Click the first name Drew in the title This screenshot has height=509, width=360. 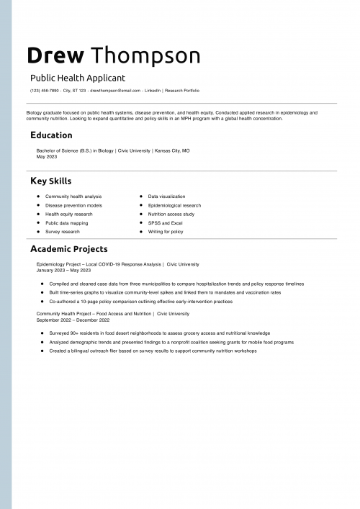[55, 55]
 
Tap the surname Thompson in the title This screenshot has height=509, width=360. [146, 55]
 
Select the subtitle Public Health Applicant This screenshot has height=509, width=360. [78, 78]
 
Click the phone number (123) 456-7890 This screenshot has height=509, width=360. [45, 91]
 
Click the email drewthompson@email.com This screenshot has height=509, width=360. [115, 91]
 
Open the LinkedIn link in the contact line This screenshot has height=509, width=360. [153, 91]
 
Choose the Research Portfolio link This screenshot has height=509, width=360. [182, 91]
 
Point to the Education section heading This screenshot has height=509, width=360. [51, 135]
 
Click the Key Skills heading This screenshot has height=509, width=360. [50, 181]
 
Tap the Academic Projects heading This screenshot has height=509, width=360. [68, 249]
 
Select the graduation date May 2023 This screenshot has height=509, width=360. [46, 156]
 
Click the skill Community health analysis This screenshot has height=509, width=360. [73, 197]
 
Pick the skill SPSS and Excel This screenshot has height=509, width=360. [166, 223]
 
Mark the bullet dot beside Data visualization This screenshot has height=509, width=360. [141, 197]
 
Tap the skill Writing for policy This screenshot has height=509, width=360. [166, 232]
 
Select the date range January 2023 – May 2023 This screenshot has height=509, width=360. [63, 270]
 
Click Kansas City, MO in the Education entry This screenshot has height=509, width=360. [172, 151]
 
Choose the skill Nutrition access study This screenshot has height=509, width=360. [171, 214]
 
